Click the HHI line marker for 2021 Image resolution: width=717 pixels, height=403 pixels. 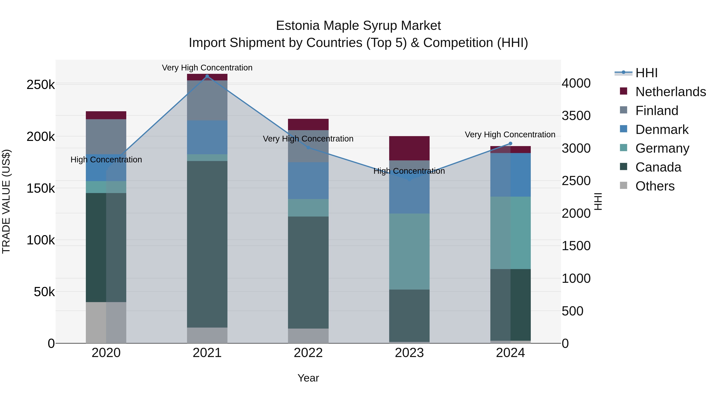[207, 76]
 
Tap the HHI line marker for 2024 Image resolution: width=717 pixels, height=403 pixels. [510, 143]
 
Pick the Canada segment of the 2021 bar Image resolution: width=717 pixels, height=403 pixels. [207, 244]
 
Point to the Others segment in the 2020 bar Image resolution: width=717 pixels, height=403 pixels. [106, 322]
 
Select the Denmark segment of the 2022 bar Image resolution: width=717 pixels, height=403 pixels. [308, 181]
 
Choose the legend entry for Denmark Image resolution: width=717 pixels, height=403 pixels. [662, 130]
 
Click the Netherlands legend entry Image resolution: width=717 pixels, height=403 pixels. [670, 92]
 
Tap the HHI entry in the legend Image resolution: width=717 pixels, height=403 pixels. [646, 73]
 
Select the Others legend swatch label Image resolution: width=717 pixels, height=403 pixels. [655, 186]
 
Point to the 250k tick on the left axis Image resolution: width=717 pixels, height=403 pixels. [41, 85]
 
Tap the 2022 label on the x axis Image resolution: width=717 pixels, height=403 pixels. [308, 353]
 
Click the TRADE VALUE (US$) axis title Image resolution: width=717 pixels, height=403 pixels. [6, 201]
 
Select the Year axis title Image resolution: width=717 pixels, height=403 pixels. [308, 378]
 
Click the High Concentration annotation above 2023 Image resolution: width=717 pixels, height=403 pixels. [409, 171]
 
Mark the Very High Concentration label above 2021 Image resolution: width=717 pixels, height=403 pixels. [207, 68]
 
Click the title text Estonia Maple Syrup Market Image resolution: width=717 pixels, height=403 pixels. [358, 26]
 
